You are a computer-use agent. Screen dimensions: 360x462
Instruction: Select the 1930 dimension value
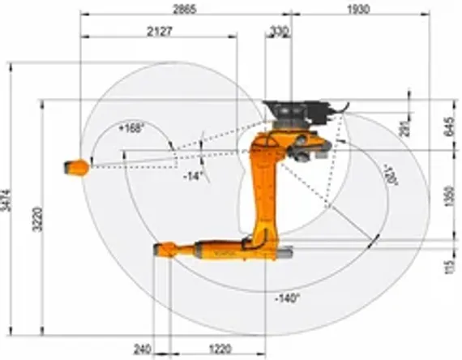[x=357, y=8]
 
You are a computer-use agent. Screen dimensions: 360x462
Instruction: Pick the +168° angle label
[x=130, y=128]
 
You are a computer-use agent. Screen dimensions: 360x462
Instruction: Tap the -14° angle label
[x=192, y=175]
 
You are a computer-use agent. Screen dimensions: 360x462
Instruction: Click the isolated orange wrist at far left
[x=76, y=167]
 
